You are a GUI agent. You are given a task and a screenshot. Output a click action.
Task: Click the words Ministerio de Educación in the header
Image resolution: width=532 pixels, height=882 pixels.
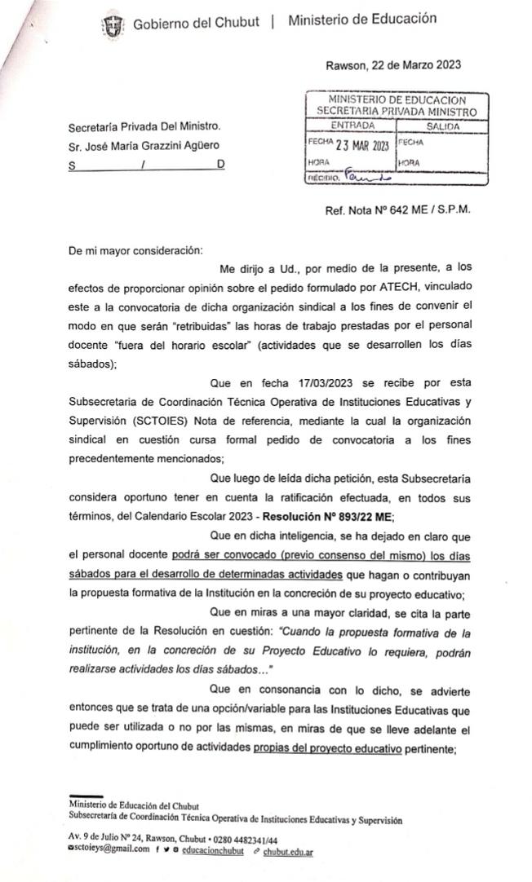coord(361,20)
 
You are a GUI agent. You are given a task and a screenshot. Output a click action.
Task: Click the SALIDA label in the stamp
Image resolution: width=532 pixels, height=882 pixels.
coord(442,126)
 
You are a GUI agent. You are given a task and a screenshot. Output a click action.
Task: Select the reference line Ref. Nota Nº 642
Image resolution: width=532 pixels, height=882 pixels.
coord(397,209)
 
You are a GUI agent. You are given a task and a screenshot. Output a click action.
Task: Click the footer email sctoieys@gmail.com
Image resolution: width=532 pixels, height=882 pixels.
coord(109,850)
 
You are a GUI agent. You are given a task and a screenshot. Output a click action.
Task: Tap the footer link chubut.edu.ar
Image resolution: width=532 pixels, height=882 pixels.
coord(289,851)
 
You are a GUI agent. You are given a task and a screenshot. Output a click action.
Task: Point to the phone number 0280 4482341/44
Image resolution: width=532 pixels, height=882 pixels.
coord(245,840)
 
